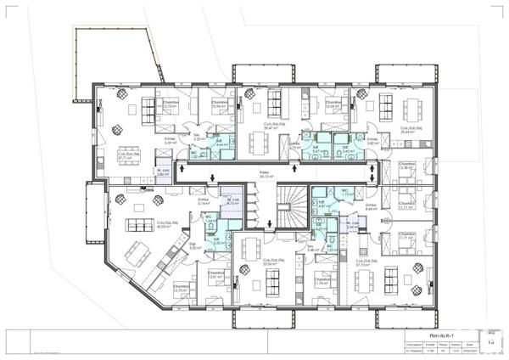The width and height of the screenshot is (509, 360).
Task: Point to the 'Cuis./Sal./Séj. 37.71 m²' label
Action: (126, 156)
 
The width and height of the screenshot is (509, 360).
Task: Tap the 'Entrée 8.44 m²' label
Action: (372, 206)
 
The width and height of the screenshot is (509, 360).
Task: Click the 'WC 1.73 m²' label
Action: (345, 193)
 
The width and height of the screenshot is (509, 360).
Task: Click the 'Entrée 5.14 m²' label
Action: (204, 202)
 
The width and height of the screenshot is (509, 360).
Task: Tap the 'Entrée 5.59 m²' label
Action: (171, 141)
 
